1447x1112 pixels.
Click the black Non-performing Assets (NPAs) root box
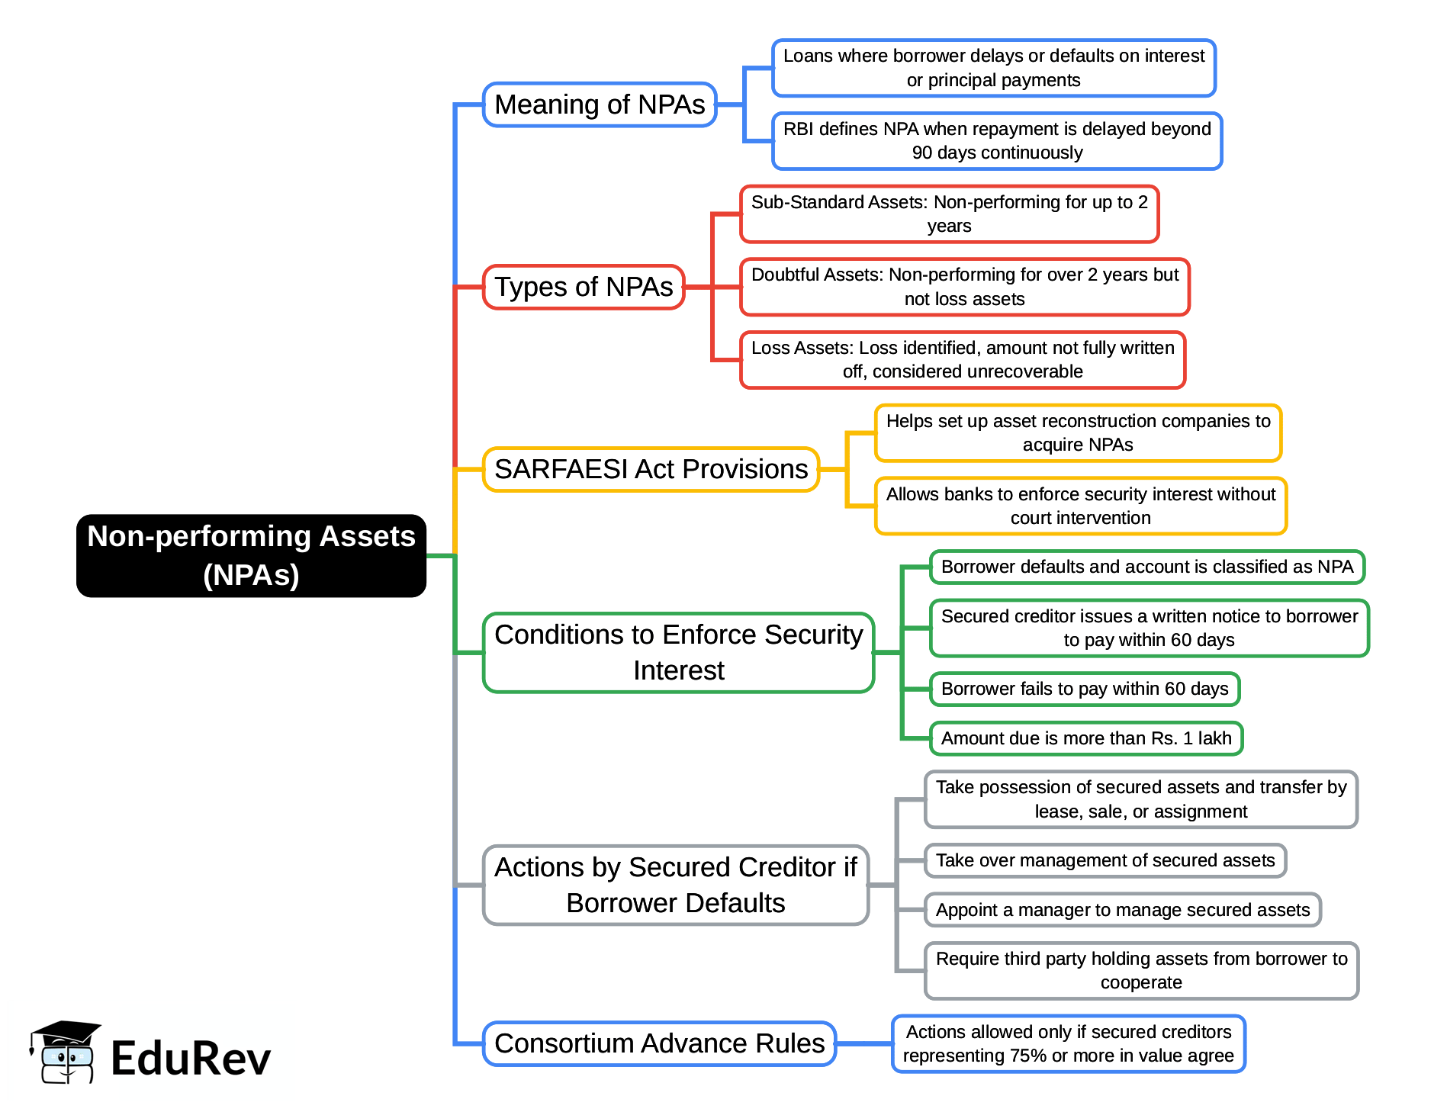click(x=251, y=555)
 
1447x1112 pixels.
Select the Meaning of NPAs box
click(x=600, y=104)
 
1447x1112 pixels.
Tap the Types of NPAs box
click(x=584, y=287)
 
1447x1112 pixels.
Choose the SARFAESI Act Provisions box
click(x=651, y=469)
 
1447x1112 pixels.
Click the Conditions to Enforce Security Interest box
click(x=678, y=652)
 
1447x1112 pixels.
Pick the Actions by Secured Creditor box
click(x=675, y=885)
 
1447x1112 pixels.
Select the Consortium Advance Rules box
click(x=659, y=1043)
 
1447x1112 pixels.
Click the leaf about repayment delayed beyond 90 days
click(x=996, y=141)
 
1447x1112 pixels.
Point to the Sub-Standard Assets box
click(x=949, y=214)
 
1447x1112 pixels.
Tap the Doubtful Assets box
click(x=964, y=287)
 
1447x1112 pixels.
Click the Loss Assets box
click(x=963, y=360)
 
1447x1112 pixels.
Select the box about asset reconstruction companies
click(x=1077, y=433)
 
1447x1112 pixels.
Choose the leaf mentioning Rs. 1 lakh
click(x=1085, y=738)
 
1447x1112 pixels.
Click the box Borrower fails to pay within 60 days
click(x=1084, y=689)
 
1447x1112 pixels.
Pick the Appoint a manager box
click(x=1122, y=910)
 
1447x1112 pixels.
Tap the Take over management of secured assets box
click(x=1105, y=860)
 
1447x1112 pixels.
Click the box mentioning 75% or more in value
click(x=1068, y=1043)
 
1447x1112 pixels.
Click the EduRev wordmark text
click(x=191, y=1059)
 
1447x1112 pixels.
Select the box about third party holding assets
click(x=1141, y=970)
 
